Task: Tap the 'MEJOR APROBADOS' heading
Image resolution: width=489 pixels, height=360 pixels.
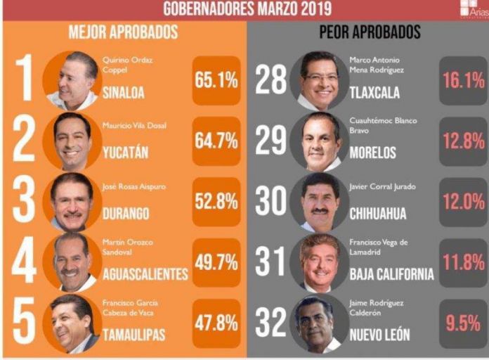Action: coord(123,32)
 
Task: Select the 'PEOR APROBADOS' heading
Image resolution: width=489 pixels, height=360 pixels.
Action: coord(370,32)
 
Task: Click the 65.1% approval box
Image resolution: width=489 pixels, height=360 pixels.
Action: coord(216,80)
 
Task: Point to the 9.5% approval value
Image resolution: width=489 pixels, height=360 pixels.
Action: coord(463,323)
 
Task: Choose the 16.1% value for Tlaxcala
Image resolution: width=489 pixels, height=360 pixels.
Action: coord(463,80)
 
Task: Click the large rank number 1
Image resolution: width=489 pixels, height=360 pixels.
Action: coord(25,79)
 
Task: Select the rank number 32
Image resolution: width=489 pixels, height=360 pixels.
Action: coord(270,323)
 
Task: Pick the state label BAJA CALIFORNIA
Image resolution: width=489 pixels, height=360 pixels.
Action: coord(391,274)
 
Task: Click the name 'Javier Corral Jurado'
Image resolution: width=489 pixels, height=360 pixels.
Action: coord(382,186)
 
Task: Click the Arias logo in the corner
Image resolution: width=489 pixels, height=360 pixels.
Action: coord(472,9)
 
